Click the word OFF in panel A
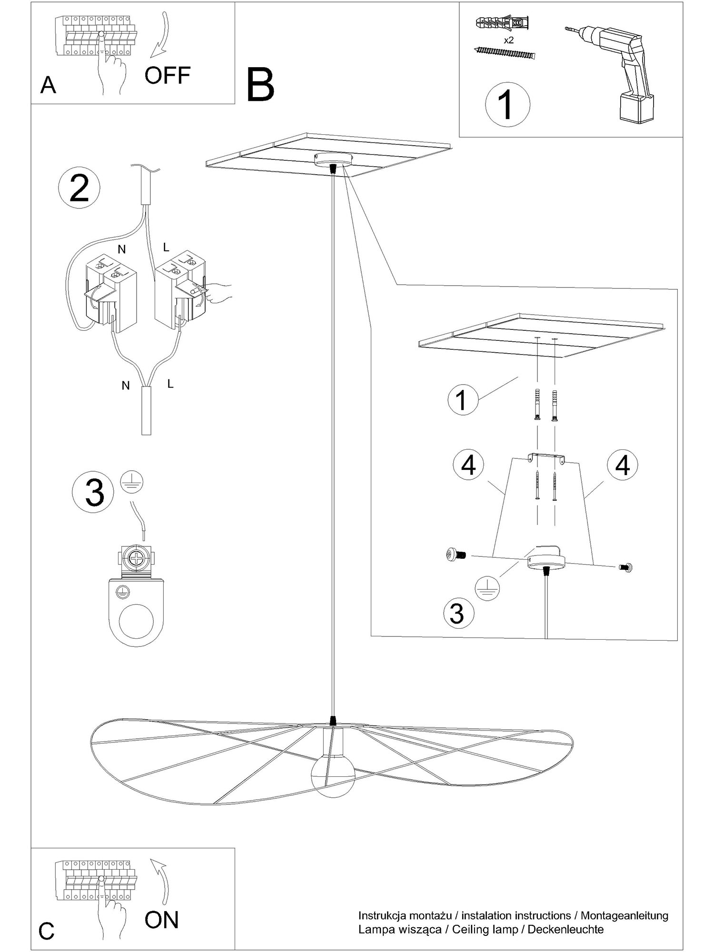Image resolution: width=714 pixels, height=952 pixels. point(168,75)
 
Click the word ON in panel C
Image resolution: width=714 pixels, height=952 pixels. point(162,920)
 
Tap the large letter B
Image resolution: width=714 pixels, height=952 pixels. point(261,85)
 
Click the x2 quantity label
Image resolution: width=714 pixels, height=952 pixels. point(509,40)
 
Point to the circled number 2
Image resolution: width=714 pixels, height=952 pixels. point(79,189)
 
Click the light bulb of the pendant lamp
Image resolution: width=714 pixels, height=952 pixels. point(333,775)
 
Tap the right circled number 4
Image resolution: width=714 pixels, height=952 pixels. point(623,465)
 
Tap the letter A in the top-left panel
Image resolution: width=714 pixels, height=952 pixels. point(49,85)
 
